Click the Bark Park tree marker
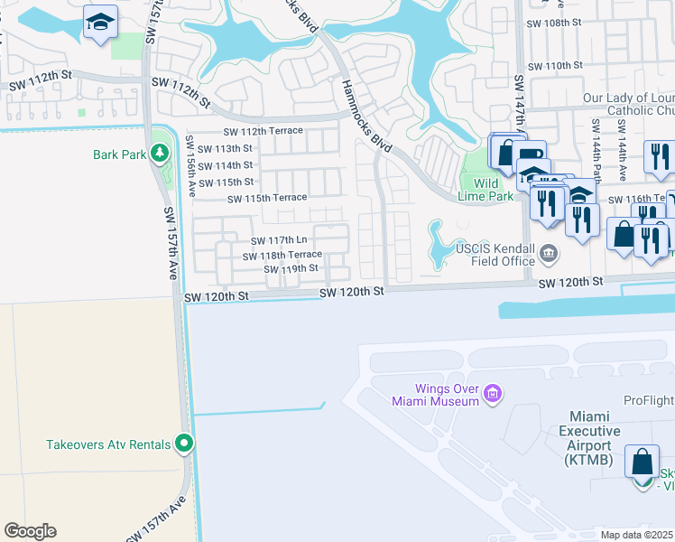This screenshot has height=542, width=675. (x=160, y=154)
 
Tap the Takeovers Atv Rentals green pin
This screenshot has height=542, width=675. (x=184, y=444)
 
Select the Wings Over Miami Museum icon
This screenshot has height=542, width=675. (x=492, y=394)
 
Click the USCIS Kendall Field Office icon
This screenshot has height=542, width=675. (x=549, y=255)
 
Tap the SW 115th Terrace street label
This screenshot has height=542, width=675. (x=267, y=199)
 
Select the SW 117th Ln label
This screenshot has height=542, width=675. (x=279, y=240)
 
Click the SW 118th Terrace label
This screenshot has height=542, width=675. (x=282, y=256)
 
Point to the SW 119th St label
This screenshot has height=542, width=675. (x=291, y=269)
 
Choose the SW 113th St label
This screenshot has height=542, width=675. (x=226, y=149)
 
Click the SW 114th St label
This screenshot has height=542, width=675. (x=226, y=165)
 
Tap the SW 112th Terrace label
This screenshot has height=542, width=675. (x=264, y=132)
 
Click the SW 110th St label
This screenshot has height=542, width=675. (x=555, y=66)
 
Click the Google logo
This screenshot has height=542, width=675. (x=30, y=530)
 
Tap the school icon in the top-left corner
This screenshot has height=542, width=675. (x=101, y=21)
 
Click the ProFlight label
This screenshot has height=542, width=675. (x=649, y=400)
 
